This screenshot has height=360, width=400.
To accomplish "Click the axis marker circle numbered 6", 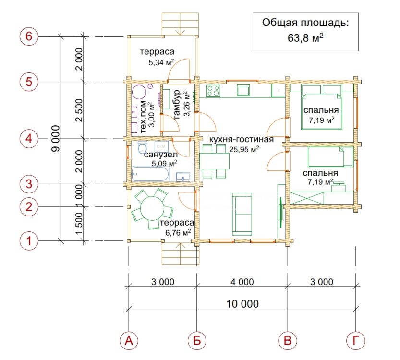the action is [29, 36].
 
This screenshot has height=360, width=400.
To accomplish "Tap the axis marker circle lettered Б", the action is [197, 340].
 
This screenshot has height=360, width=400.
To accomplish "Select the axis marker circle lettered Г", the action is [356, 340].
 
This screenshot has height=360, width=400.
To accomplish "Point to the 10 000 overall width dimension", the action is [242, 304].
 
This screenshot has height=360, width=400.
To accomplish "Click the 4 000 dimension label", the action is [242, 282].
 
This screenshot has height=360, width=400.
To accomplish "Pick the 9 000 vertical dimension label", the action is [56, 138].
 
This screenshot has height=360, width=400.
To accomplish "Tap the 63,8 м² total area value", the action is [305, 38].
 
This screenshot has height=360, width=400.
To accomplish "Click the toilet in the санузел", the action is [142, 147].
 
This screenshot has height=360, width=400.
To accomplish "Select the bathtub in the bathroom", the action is [150, 174].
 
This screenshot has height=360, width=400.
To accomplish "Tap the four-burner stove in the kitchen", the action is [214, 91].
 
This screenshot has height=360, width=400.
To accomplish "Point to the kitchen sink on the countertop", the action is [243, 90].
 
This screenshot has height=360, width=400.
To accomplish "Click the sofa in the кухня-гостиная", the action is [242, 214].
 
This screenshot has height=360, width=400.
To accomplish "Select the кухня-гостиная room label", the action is [242, 140].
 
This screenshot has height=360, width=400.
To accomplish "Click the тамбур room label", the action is [177, 105].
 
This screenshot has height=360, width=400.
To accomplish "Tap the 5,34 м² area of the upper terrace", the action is [161, 62].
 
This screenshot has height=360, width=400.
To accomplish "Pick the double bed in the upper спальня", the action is [322, 107].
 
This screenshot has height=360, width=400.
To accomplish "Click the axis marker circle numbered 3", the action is [29, 184].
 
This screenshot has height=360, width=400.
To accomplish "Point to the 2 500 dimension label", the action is [79, 110].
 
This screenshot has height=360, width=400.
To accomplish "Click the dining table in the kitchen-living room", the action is [214, 161].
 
